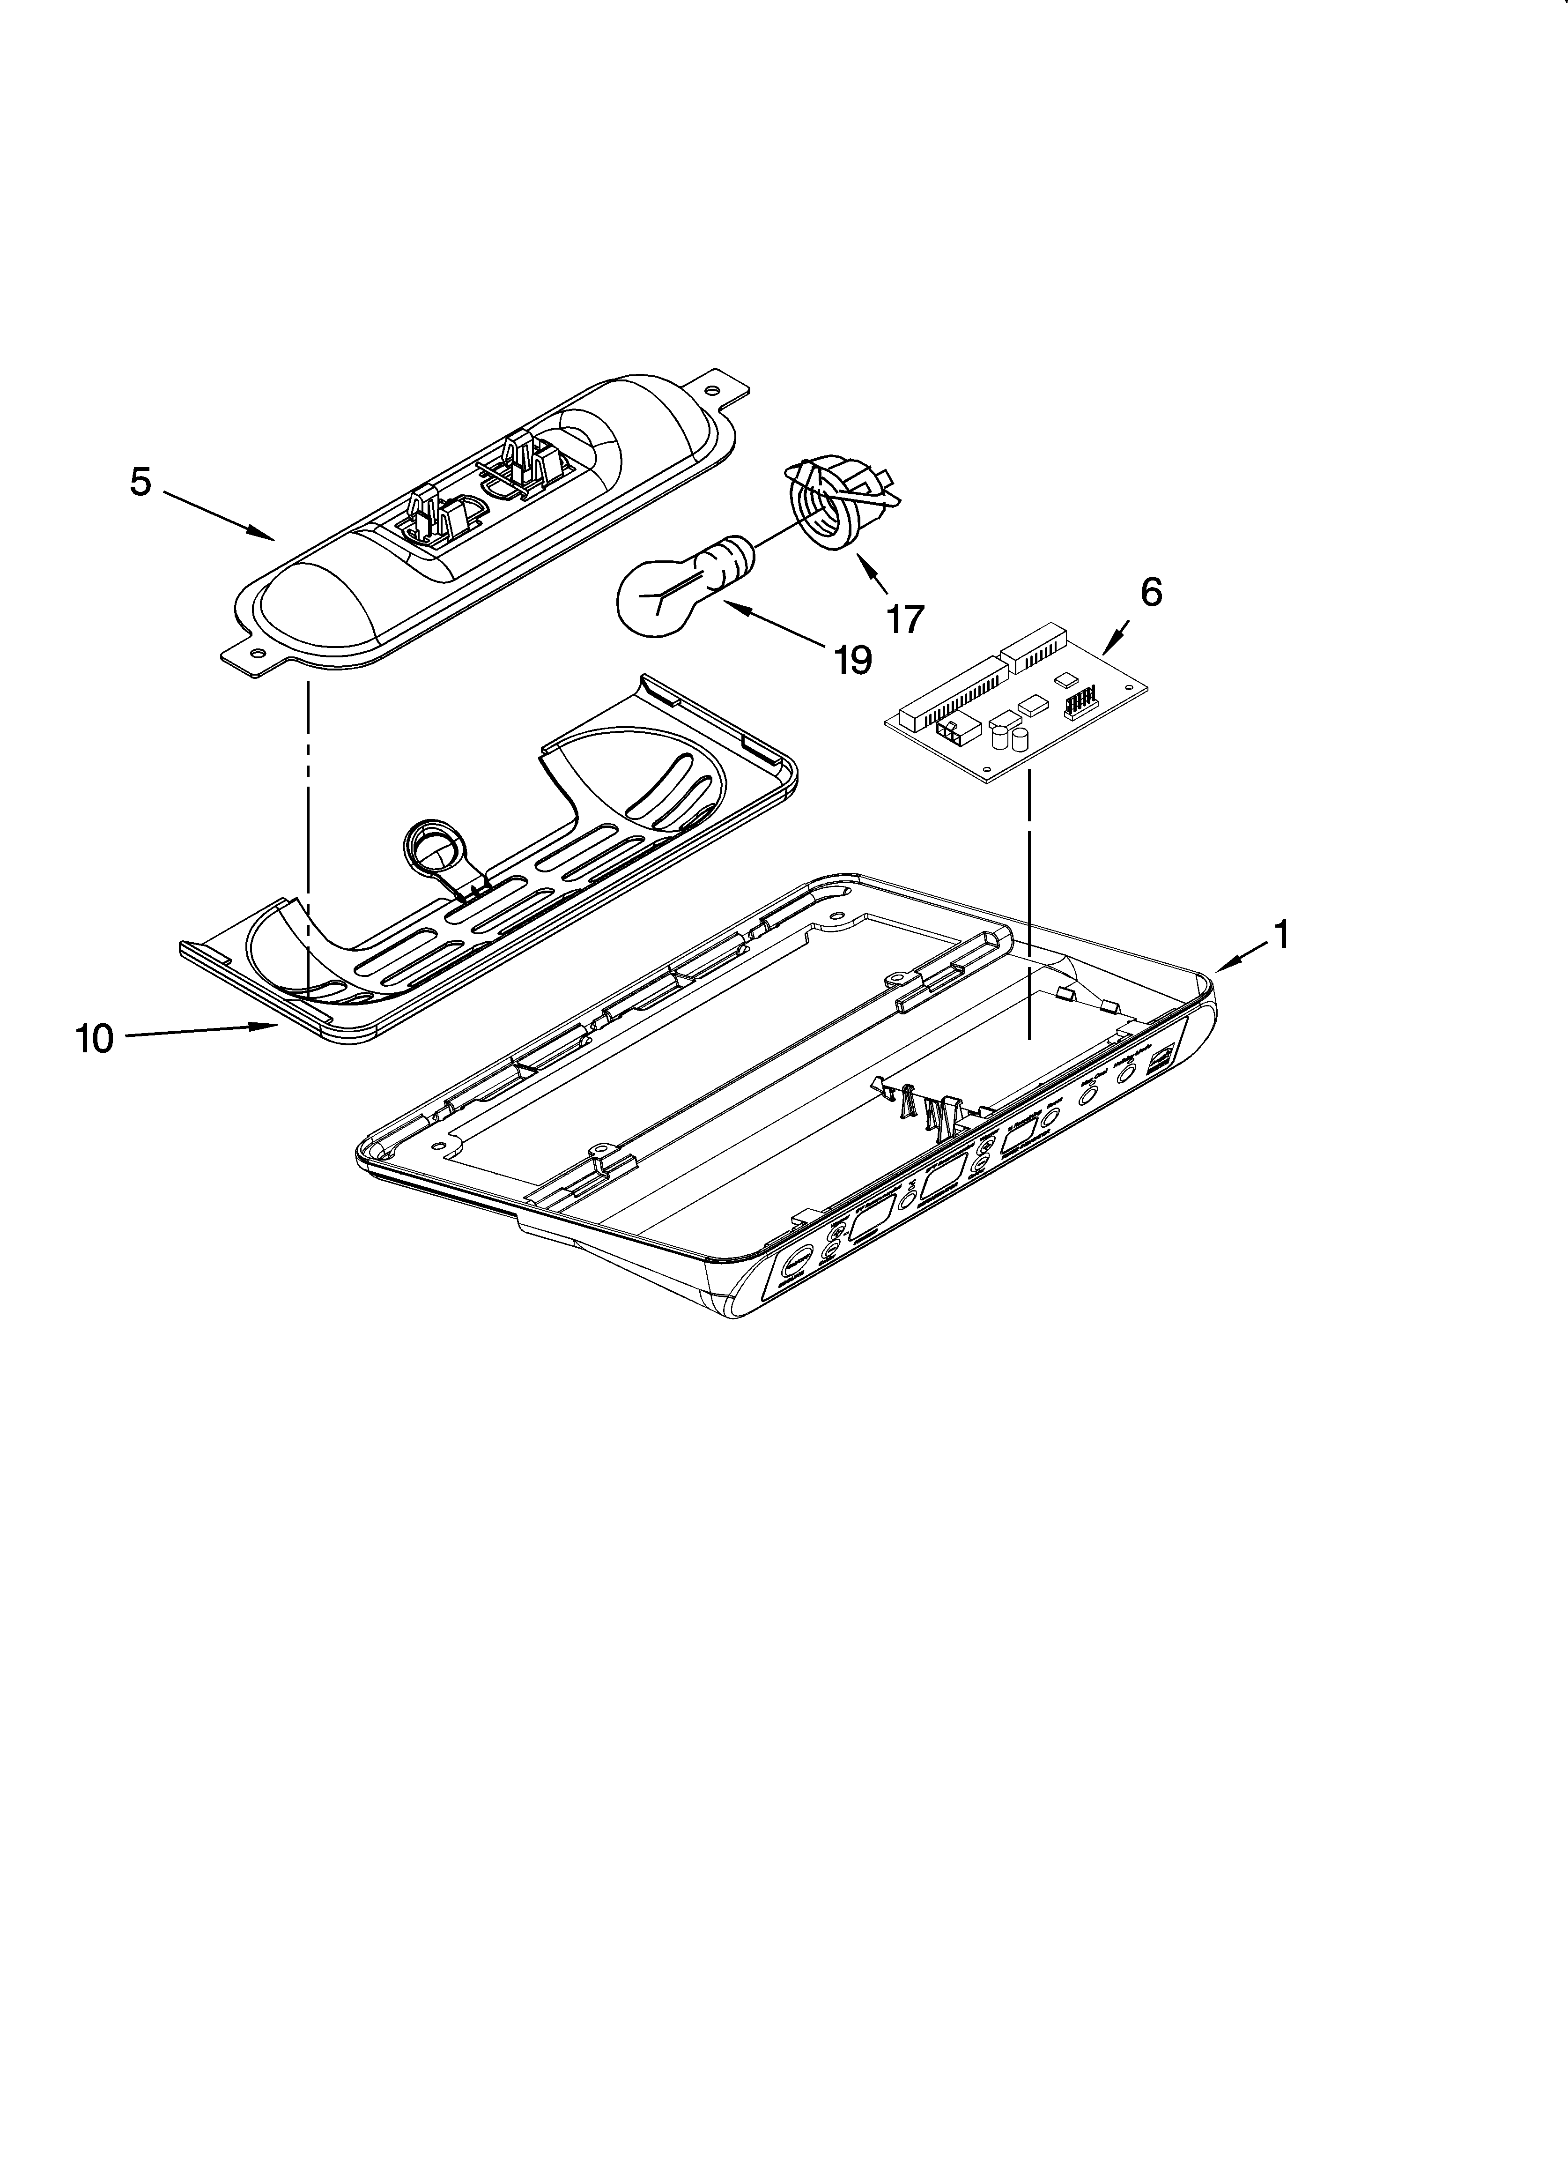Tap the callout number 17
[x=905, y=619]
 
